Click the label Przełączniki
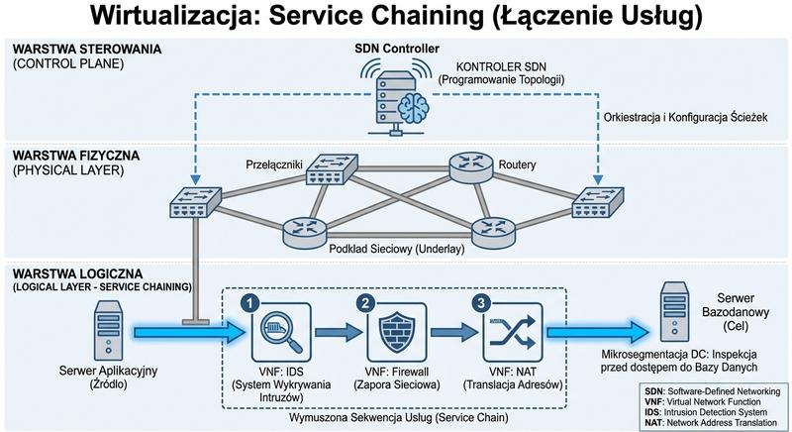[274, 162]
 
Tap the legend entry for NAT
[705, 418]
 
